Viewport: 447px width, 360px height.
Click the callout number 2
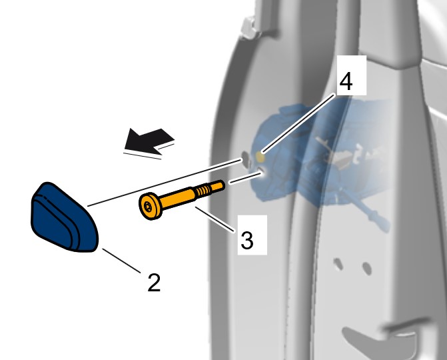coord(154,283)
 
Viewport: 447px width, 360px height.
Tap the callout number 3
coord(247,240)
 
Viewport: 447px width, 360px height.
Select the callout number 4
coord(346,81)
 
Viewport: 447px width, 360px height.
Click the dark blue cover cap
coord(64,217)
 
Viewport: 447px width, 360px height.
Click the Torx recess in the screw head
coord(147,207)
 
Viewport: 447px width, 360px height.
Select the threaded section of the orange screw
coord(203,190)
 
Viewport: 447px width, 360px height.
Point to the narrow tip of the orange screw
coord(218,186)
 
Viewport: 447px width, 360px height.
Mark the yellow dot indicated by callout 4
coord(260,157)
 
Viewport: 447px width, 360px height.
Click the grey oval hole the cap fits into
coord(245,156)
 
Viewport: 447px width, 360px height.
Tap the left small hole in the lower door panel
coord(338,264)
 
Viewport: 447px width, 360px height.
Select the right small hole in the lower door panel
coord(366,269)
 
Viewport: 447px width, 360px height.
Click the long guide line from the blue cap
coord(165,183)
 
